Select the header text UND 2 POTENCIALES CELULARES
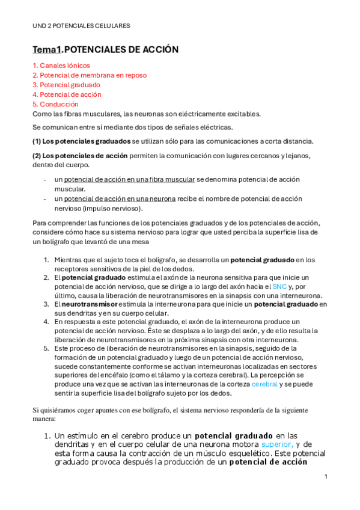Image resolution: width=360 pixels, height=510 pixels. tap(81, 26)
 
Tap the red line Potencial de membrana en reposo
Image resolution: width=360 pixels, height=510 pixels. tap(93, 75)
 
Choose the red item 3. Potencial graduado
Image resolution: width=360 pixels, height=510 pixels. tap(66, 85)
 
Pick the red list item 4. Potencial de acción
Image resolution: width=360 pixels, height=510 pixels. tap(67, 94)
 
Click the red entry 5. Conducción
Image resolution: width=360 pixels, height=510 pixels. tap(55, 104)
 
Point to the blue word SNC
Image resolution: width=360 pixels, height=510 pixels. tap(280, 287)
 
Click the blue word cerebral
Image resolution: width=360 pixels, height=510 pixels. tap(264, 383)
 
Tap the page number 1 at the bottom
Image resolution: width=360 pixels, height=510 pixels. tap(325, 476)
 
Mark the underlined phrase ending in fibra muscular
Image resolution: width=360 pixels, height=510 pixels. tap(129, 180)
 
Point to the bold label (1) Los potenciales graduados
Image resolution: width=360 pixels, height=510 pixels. tap(81, 141)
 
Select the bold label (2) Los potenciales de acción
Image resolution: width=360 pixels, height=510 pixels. tap(79, 156)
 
